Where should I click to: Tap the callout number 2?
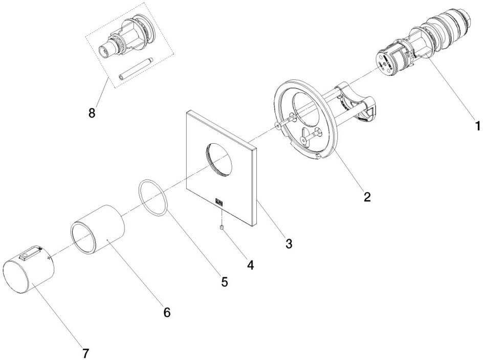pos(367,196)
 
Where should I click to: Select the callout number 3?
pos(289,243)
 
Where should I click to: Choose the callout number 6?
pos(166,311)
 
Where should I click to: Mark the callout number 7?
pos(86,352)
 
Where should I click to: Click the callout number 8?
pos(92,112)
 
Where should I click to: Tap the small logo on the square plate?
pos(219,202)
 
